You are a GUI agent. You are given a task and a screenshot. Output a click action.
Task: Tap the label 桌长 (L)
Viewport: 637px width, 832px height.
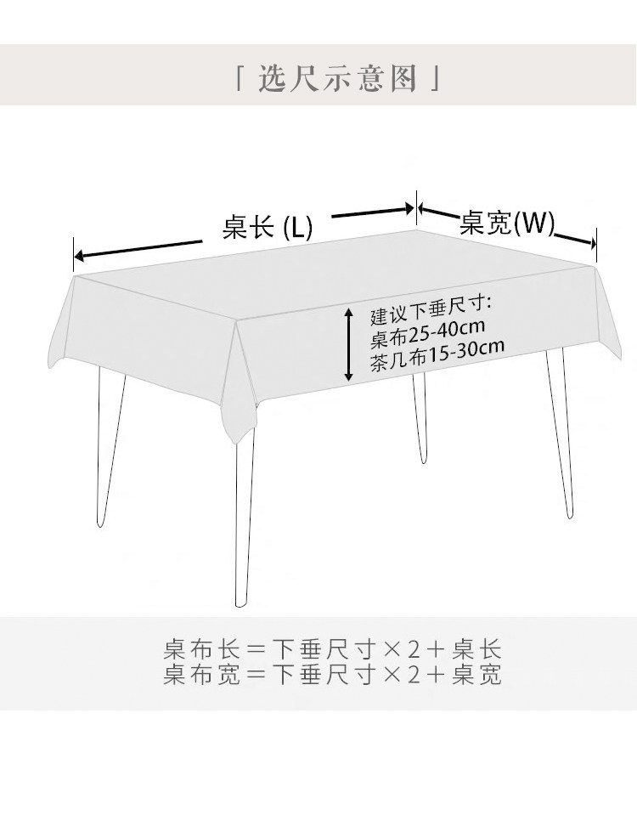[x=268, y=228]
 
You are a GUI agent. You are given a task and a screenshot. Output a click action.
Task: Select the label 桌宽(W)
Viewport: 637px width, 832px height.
[x=506, y=223]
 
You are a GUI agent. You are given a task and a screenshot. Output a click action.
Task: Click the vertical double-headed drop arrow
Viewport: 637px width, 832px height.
[x=349, y=344]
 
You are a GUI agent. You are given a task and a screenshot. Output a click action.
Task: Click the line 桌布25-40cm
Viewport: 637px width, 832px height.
[x=427, y=331]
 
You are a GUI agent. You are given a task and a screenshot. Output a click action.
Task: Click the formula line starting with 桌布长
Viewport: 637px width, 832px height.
[x=332, y=650]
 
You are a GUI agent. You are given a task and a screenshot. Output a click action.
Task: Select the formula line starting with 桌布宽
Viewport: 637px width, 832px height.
[x=332, y=676]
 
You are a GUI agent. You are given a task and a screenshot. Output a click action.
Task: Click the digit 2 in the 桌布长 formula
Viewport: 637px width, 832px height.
[x=413, y=650]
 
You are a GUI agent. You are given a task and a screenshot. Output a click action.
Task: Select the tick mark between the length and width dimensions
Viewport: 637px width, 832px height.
[x=416, y=208]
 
